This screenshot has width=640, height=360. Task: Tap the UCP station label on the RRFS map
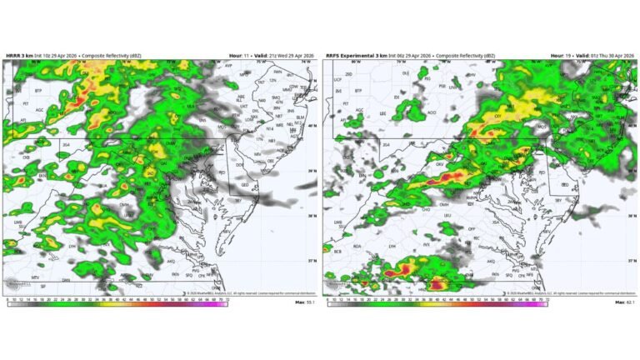338,80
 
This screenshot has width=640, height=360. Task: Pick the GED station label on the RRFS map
563,183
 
